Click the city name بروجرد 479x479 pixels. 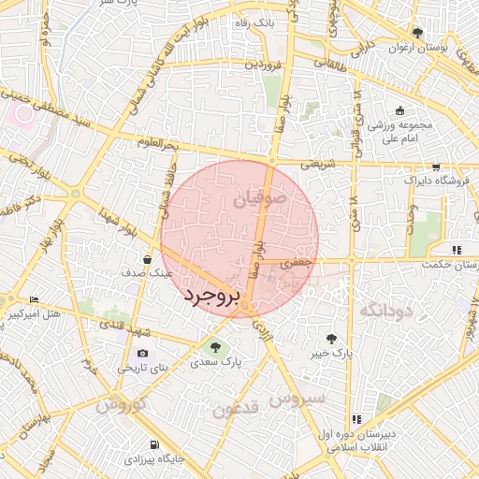click(211, 297)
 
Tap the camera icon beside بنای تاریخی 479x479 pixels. click(142, 354)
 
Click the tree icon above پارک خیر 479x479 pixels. click(331, 339)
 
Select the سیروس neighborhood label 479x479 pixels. click(297, 399)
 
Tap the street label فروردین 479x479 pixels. click(263, 65)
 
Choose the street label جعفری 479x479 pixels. click(298, 264)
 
